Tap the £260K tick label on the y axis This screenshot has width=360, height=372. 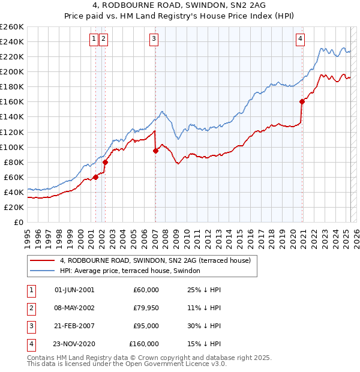[x=12, y=27]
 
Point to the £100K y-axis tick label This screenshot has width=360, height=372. [x=12, y=147]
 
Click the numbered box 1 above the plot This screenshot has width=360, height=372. [x=94, y=40]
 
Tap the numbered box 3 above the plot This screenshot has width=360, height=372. [x=154, y=40]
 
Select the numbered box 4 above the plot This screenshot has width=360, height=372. [x=300, y=40]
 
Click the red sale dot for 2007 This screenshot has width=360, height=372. [x=155, y=151]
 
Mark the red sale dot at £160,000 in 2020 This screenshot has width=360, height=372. [x=302, y=101]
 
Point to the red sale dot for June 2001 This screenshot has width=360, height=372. [x=95, y=177]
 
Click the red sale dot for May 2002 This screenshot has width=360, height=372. [x=105, y=162]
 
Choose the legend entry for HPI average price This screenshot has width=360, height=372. [x=133, y=271]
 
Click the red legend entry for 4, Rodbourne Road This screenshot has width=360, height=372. [x=158, y=260]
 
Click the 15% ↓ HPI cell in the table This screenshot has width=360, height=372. [x=204, y=344]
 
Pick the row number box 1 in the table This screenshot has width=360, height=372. [x=30, y=290]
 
